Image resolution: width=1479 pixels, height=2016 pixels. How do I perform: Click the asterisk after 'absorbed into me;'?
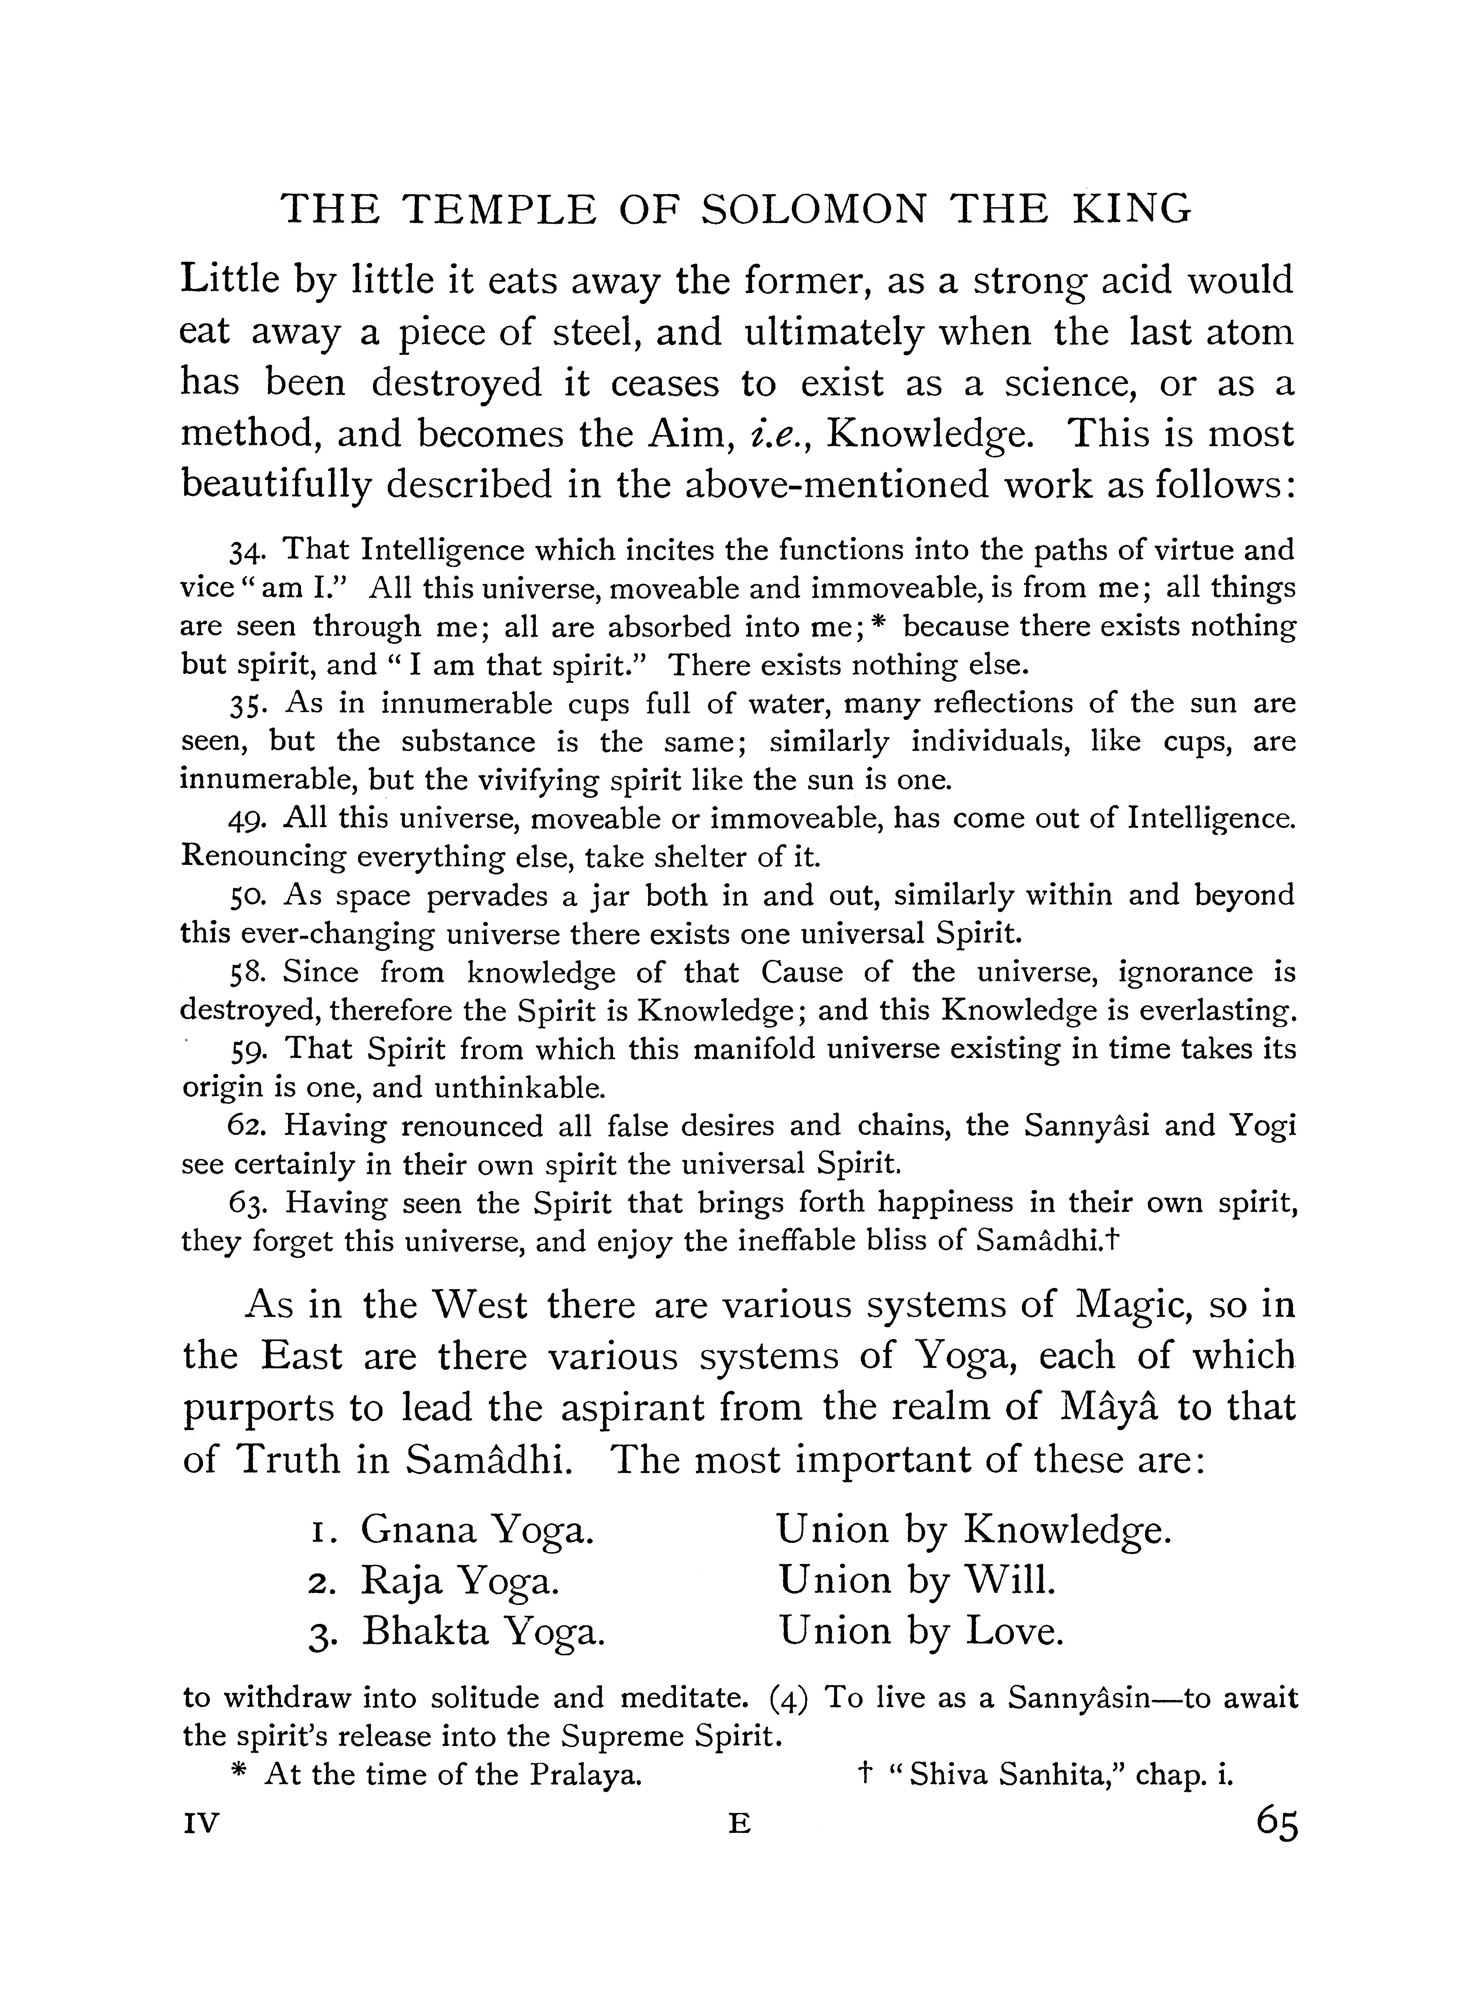tap(878, 624)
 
